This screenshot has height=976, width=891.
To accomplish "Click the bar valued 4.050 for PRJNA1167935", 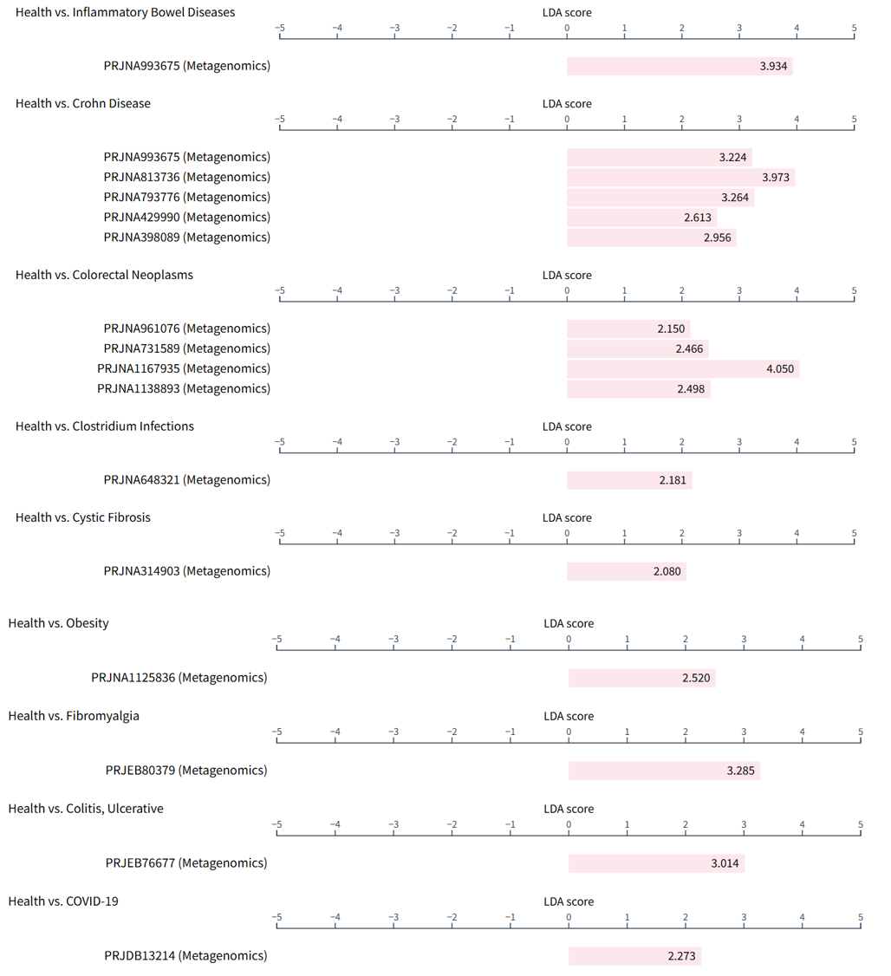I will coord(683,368).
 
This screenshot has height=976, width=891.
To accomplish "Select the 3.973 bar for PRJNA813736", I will coord(681,177).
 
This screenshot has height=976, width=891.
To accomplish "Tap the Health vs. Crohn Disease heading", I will coord(82,103).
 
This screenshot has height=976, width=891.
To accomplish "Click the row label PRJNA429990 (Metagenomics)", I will coord(186,217).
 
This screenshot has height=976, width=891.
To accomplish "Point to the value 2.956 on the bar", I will coord(719,237).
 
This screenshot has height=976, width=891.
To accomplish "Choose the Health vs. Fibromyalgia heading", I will coord(74,715).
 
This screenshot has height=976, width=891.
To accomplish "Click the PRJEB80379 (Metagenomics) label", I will coord(186,770).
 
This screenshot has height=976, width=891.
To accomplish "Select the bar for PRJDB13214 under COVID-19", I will coord(634,955).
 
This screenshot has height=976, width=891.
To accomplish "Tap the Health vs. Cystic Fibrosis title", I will coord(82,517).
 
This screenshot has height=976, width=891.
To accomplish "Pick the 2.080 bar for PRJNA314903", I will coord(627,570).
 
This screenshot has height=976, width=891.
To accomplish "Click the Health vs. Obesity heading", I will coord(58,622).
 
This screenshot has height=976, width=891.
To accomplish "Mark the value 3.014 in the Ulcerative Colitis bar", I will coord(725,862).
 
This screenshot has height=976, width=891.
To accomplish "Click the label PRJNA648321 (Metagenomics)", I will coord(186,479).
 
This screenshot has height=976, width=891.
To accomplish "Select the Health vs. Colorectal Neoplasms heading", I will coord(104,274).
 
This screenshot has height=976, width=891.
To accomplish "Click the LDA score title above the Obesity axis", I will coord(569,623).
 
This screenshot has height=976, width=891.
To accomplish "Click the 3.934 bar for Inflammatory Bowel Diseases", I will coord(680,66).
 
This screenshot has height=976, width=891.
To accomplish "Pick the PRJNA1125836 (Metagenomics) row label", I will coord(179,677).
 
